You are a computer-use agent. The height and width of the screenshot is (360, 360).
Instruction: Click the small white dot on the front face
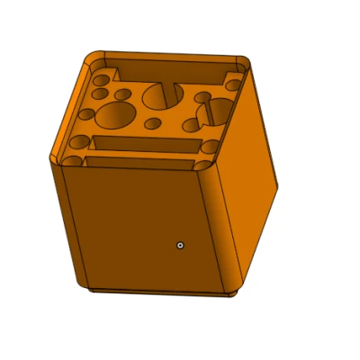tap(181, 244)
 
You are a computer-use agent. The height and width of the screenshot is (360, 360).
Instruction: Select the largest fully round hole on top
tap(115, 115)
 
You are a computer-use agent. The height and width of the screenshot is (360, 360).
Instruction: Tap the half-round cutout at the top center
tap(163, 93)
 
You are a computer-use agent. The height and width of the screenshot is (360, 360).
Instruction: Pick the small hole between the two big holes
tap(153, 123)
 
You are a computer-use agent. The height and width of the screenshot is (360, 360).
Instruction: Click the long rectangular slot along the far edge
tap(171, 69)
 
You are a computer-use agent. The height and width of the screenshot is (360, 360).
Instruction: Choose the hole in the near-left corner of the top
tap(78, 143)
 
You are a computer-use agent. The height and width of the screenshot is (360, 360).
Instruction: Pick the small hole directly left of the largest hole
tap(86, 115)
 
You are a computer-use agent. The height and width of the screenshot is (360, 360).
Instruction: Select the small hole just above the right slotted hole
tap(203, 96)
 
